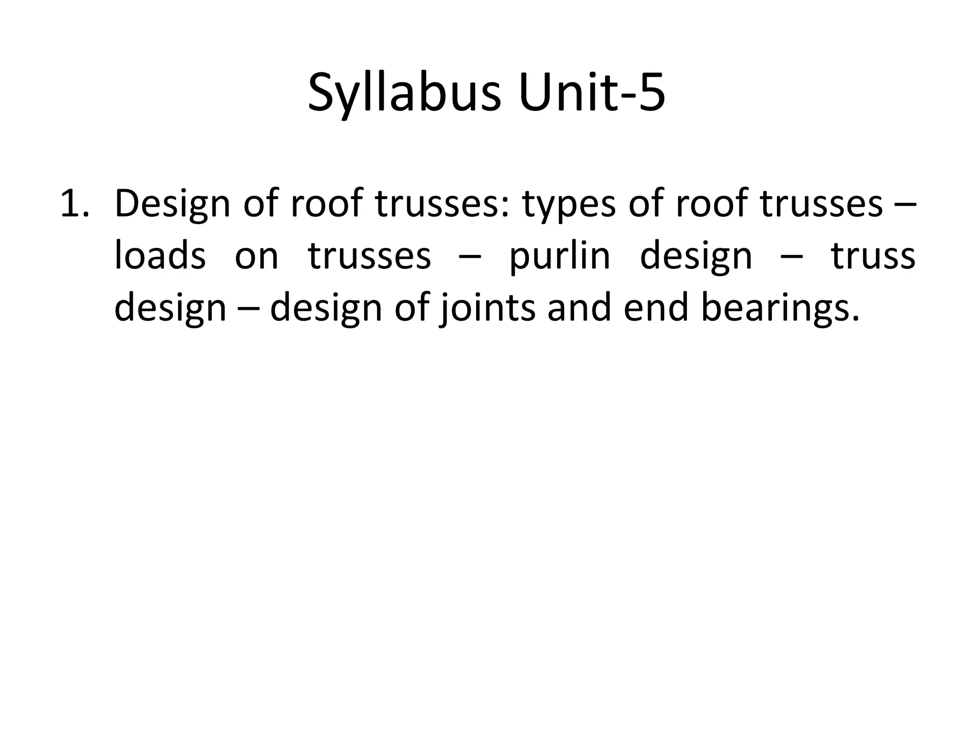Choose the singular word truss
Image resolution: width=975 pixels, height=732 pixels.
873,256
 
